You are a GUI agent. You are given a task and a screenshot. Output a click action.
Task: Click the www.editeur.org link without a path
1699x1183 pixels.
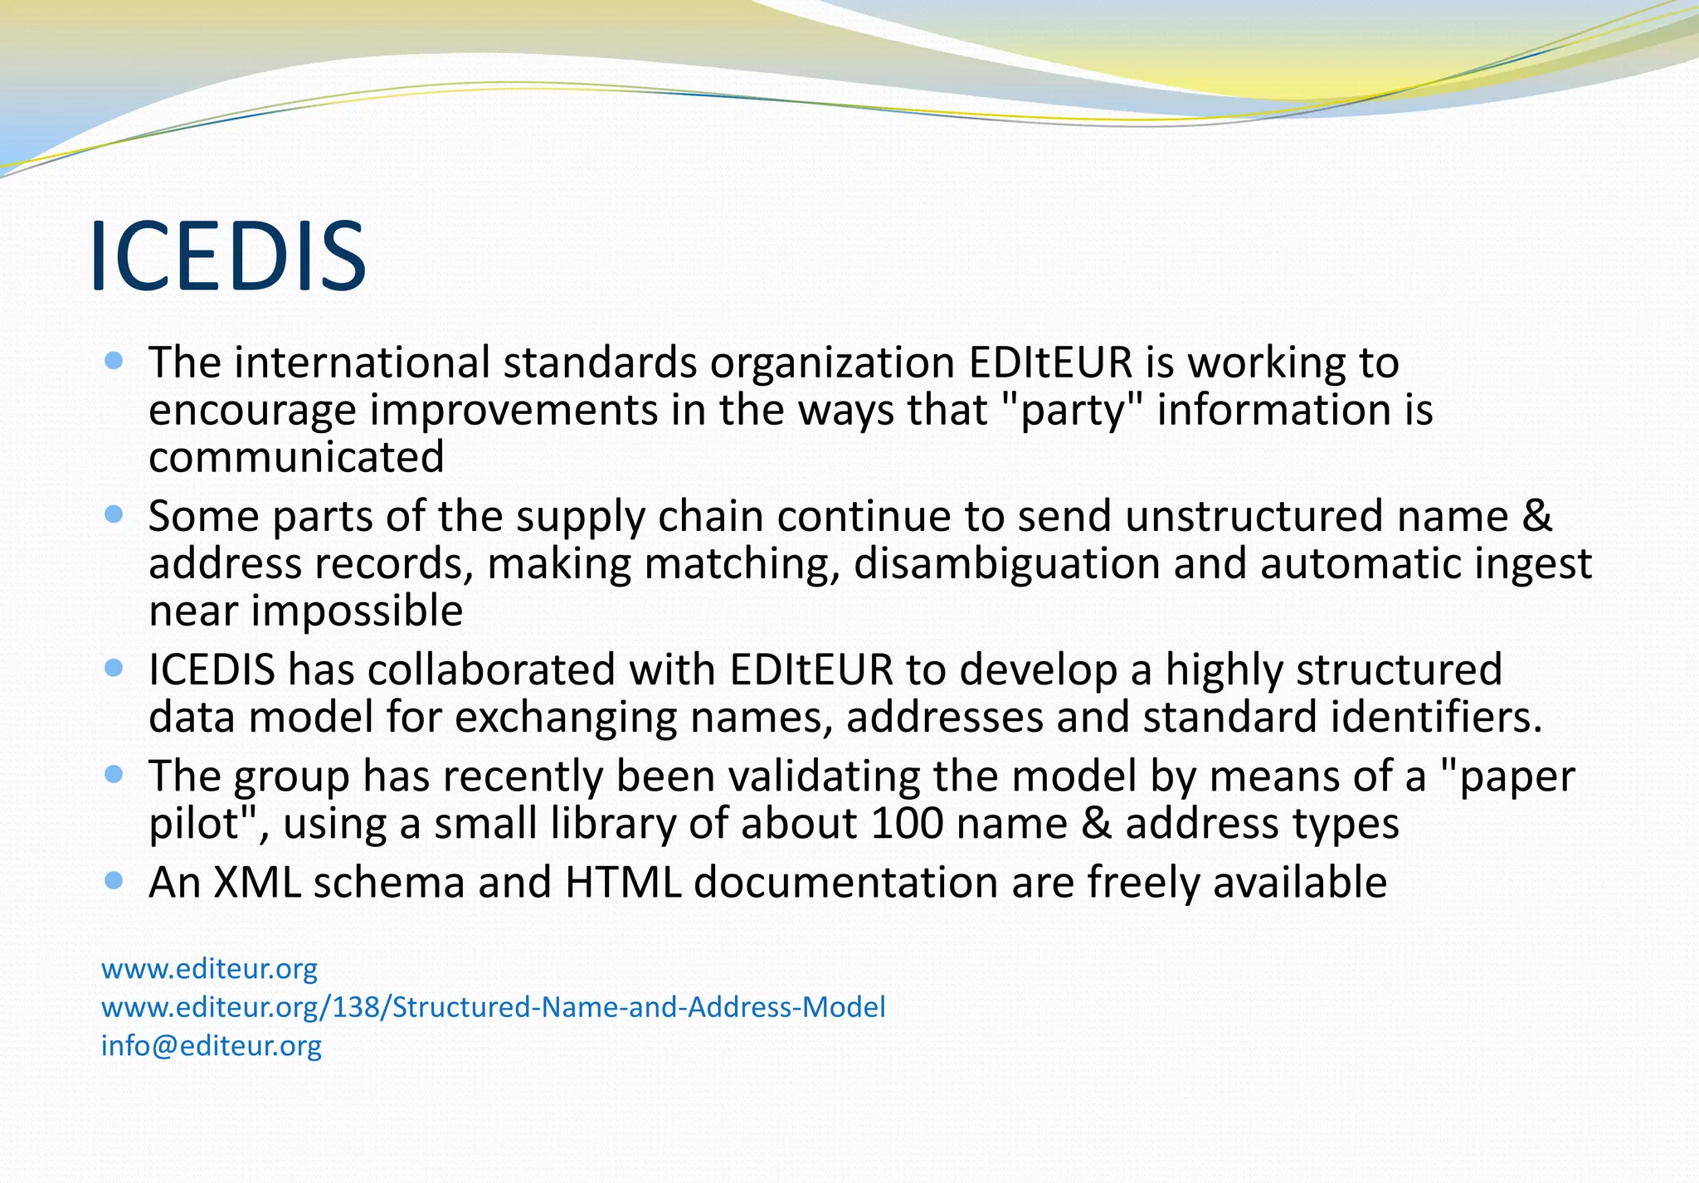click(x=209, y=968)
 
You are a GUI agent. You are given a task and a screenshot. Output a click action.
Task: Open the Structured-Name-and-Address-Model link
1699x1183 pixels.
click(x=493, y=1007)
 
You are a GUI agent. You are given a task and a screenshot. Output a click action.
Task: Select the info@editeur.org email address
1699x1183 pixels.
click(x=211, y=1045)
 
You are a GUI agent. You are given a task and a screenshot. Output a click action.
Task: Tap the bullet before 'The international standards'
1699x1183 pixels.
click(x=114, y=361)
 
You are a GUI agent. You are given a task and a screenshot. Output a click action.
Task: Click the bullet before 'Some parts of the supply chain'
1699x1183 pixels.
click(x=114, y=514)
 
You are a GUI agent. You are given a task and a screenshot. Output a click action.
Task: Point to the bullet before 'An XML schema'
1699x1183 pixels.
click(x=114, y=880)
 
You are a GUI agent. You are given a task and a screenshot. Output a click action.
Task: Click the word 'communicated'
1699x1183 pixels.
click(x=296, y=457)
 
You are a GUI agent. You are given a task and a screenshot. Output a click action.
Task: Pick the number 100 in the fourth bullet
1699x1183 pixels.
click(x=907, y=824)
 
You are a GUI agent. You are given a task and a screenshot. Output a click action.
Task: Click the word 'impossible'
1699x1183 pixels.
click(x=357, y=611)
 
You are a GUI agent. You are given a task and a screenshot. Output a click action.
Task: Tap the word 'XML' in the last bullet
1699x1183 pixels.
click(x=257, y=882)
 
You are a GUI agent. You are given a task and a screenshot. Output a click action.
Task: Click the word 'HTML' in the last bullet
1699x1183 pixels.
click(x=622, y=882)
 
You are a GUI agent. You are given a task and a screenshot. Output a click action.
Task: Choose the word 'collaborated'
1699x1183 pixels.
click(x=491, y=669)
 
